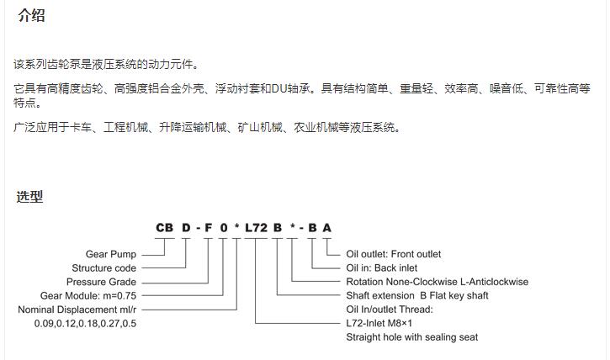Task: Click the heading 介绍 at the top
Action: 31,15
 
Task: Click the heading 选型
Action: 29,196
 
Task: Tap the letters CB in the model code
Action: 164,227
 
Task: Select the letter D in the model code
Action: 186,227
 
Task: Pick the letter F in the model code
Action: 209,227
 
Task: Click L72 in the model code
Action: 256,227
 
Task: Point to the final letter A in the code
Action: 326,227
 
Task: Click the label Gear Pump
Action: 111,254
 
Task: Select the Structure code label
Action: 103,267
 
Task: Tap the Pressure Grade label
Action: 101,282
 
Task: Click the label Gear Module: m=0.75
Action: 88,295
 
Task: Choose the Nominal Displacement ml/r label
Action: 77,310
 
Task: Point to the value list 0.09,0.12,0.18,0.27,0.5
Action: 85,324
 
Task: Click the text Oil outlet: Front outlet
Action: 393,254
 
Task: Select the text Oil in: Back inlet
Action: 382,267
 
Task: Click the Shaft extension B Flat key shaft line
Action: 417,295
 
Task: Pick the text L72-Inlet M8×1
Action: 379,323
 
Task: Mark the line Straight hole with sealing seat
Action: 412,337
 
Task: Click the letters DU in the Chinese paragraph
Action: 278,88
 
